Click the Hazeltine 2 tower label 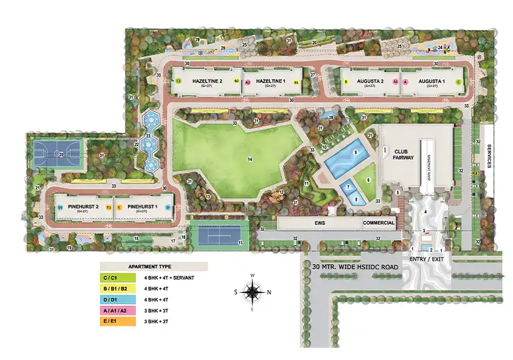point(207,82)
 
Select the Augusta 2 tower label point(370,82)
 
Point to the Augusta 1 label point(432,82)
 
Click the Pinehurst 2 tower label point(83,208)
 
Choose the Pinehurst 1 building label point(141,208)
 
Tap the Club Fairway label point(403,155)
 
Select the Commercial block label point(378,223)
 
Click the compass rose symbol point(253,291)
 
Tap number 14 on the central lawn point(249,159)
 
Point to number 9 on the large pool point(356,153)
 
